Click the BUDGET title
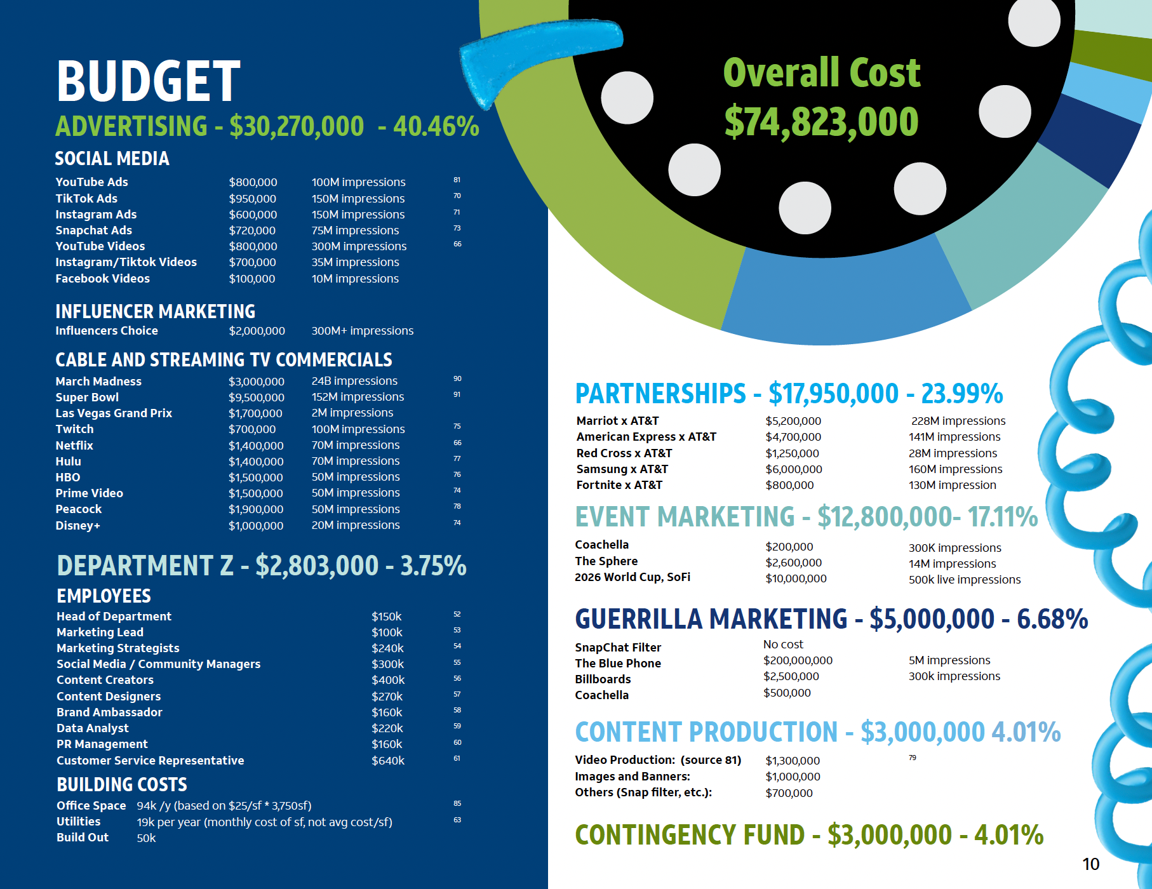click(149, 81)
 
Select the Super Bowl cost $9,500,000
click(256, 397)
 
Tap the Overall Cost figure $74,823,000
click(821, 122)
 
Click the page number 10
click(1090, 864)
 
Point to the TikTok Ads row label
click(86, 199)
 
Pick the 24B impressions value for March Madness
click(354, 381)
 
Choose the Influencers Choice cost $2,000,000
click(257, 331)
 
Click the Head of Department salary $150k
click(386, 617)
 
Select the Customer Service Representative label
click(150, 761)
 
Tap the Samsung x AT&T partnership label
click(622, 469)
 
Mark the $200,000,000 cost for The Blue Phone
click(798, 660)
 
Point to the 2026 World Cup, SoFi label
click(632, 577)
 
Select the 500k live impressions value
click(964, 580)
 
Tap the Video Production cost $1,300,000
click(792, 761)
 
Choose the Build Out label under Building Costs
click(83, 838)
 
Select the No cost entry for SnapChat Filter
click(782, 645)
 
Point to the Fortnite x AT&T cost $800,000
click(789, 485)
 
